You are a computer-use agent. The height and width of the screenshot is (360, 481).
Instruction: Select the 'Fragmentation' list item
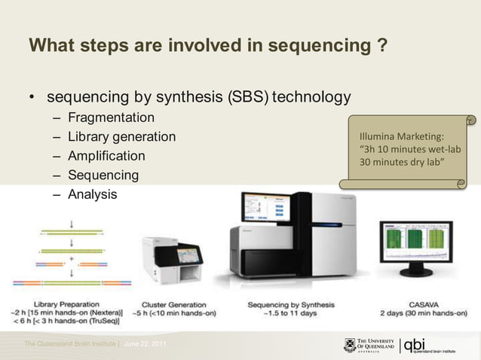click(111, 118)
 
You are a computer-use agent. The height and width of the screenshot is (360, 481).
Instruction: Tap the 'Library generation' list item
click(121, 137)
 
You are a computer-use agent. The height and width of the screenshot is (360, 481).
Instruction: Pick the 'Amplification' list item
click(106, 157)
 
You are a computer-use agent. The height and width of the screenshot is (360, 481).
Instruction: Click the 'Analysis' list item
click(92, 194)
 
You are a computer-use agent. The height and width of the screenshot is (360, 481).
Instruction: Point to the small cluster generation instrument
click(173, 264)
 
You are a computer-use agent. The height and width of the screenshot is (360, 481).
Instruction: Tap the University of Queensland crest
click(350, 345)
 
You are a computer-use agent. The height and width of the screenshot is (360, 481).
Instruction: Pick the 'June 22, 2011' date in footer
click(147, 344)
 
